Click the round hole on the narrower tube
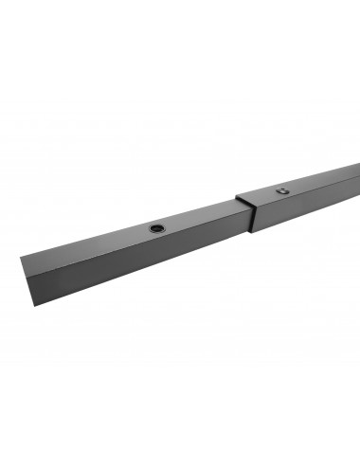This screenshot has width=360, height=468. click(x=154, y=228)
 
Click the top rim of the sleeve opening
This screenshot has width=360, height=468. click(x=244, y=201)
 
